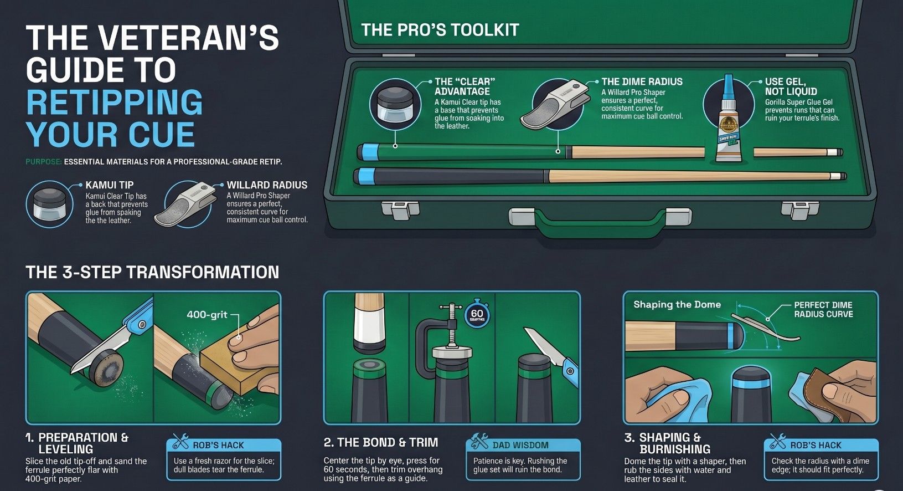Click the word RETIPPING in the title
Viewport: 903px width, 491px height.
click(x=115, y=103)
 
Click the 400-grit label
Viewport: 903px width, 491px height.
click(x=207, y=315)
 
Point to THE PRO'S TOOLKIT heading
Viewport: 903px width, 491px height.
click(x=440, y=30)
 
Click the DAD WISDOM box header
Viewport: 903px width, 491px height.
click(x=520, y=445)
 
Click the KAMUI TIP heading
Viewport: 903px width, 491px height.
click(x=110, y=185)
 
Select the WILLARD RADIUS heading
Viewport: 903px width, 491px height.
click(x=267, y=185)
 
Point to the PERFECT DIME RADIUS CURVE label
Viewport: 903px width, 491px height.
click(x=823, y=309)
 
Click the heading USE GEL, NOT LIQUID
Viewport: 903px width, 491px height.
click(x=791, y=86)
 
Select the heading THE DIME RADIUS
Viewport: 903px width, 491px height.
click(x=642, y=81)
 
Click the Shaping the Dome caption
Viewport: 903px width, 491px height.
click(x=677, y=304)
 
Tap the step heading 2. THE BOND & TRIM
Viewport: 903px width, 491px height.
click(x=381, y=442)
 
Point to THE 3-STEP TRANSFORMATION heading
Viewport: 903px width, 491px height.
click(x=152, y=272)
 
